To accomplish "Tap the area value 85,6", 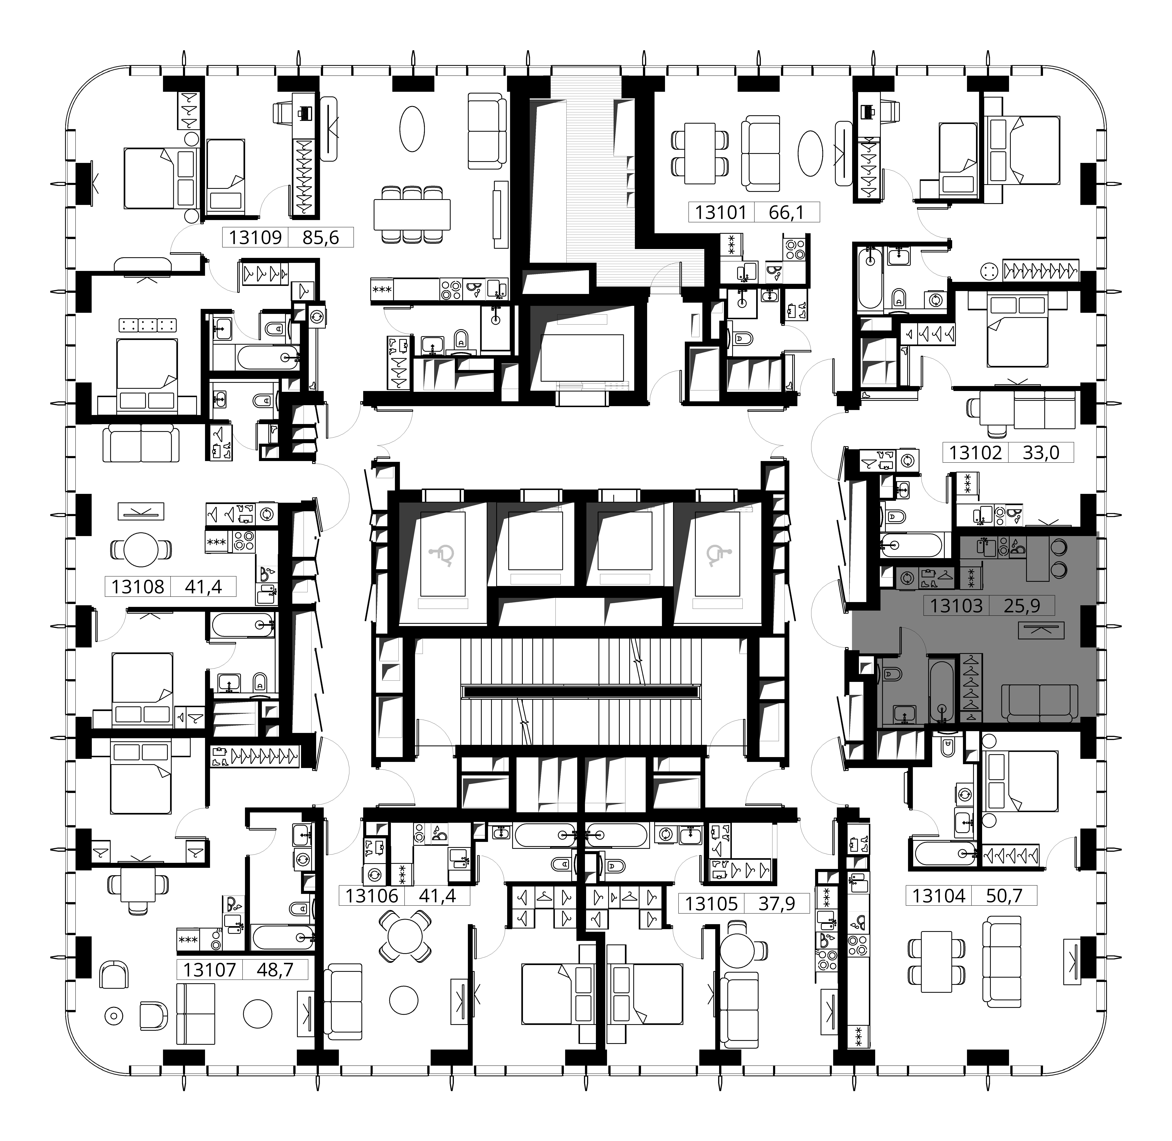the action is pyautogui.click(x=321, y=238).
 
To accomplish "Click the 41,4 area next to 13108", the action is pyautogui.click(x=203, y=587).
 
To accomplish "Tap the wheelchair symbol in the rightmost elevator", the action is pyautogui.click(x=716, y=554).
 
